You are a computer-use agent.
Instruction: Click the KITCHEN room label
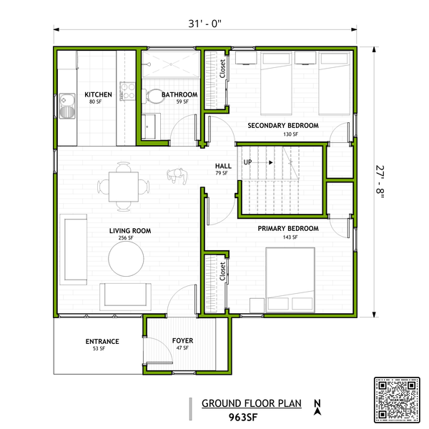98,94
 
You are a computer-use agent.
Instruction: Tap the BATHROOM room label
179,94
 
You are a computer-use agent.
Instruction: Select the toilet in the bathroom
154,95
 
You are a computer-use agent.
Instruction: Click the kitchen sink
68,106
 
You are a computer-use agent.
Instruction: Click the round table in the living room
126,257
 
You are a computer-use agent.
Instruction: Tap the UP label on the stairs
248,162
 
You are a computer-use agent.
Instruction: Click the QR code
398,399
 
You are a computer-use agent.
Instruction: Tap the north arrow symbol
317,405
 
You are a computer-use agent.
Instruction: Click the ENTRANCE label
102,341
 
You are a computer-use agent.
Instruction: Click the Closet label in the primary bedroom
223,270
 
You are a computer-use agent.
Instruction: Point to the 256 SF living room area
129,238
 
